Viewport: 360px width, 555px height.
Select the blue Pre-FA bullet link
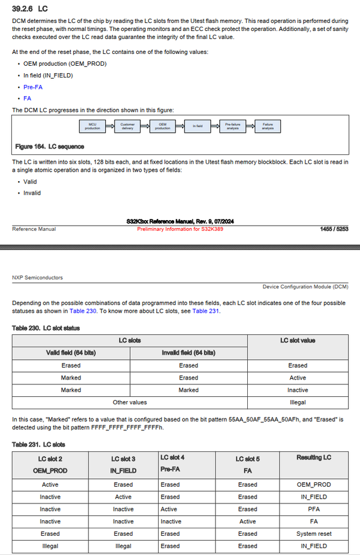(33, 87)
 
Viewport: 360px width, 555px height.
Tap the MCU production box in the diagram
(92, 126)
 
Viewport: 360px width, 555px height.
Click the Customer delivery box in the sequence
(127, 126)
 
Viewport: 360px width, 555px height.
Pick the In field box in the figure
(198, 126)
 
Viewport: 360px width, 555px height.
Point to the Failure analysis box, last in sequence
(268, 126)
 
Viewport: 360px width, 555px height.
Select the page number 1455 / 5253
(334, 229)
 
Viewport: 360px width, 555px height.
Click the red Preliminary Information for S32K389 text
(180, 229)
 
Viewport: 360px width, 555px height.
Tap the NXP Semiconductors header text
(37, 277)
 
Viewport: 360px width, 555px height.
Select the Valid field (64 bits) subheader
(71, 353)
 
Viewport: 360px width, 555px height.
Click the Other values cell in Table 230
(130, 402)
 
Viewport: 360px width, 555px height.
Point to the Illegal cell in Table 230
(297, 402)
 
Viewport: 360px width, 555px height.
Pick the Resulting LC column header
(314, 458)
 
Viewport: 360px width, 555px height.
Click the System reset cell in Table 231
(314, 533)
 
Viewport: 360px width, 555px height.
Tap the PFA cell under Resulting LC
(314, 509)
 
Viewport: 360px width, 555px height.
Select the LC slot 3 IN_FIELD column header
(123, 464)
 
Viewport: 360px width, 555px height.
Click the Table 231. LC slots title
(38, 444)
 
